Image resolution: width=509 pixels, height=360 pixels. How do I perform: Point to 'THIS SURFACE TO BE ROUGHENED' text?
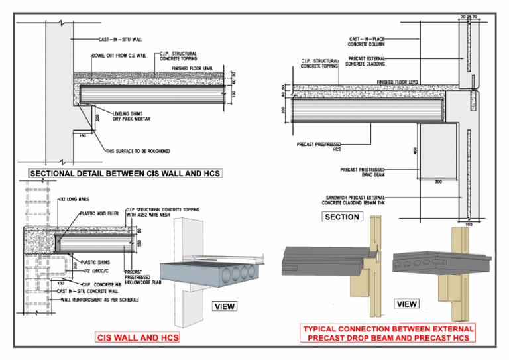138,150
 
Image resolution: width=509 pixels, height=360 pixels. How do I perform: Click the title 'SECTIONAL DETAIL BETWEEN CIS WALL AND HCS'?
125,174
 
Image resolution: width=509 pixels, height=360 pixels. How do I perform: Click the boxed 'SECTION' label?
343,217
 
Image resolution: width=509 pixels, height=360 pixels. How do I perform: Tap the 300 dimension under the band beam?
437,180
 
